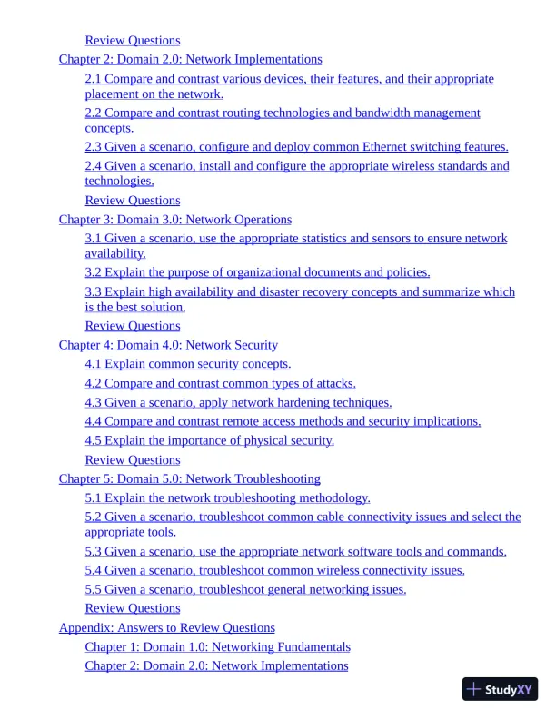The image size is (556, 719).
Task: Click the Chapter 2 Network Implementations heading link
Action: pos(190,59)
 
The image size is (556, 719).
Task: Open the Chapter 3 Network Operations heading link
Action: pos(175,219)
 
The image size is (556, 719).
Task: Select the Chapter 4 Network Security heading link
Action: pos(168,345)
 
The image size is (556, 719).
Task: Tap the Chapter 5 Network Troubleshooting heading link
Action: pos(189,478)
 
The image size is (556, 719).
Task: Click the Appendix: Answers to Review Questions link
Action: pos(166,627)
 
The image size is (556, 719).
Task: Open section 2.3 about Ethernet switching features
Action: pos(296,146)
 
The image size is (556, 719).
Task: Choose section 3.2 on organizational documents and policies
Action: pos(257,271)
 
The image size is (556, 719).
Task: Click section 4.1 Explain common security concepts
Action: pos(187,364)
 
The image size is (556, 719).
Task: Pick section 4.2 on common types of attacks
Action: pos(220,383)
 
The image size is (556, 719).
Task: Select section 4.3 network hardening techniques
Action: pos(238,402)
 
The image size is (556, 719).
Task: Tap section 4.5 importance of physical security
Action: pos(209,440)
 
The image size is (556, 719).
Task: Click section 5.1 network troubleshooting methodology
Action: pos(227,497)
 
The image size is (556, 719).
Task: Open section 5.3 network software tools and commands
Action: pos(295,551)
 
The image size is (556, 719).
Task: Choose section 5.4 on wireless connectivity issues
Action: pos(274,570)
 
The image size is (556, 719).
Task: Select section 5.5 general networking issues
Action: pos(245,589)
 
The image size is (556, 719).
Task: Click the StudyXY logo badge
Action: pos(500,689)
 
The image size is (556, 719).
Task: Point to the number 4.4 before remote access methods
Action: pos(94,421)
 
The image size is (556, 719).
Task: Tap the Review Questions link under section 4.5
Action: pos(133,459)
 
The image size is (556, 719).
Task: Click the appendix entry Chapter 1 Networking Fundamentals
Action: pos(217,646)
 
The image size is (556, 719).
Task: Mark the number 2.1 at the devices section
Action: pos(94,79)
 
